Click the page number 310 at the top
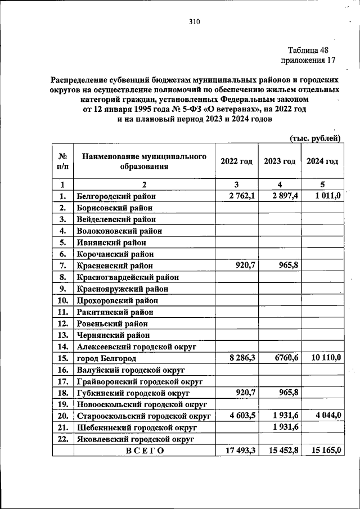[x=195, y=22]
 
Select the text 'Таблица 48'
[x=308, y=50]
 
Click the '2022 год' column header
[x=236, y=161]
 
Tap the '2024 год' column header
[x=322, y=161]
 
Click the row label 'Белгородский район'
[x=116, y=196]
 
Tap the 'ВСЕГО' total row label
[x=145, y=450]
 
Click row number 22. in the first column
[x=62, y=438]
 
